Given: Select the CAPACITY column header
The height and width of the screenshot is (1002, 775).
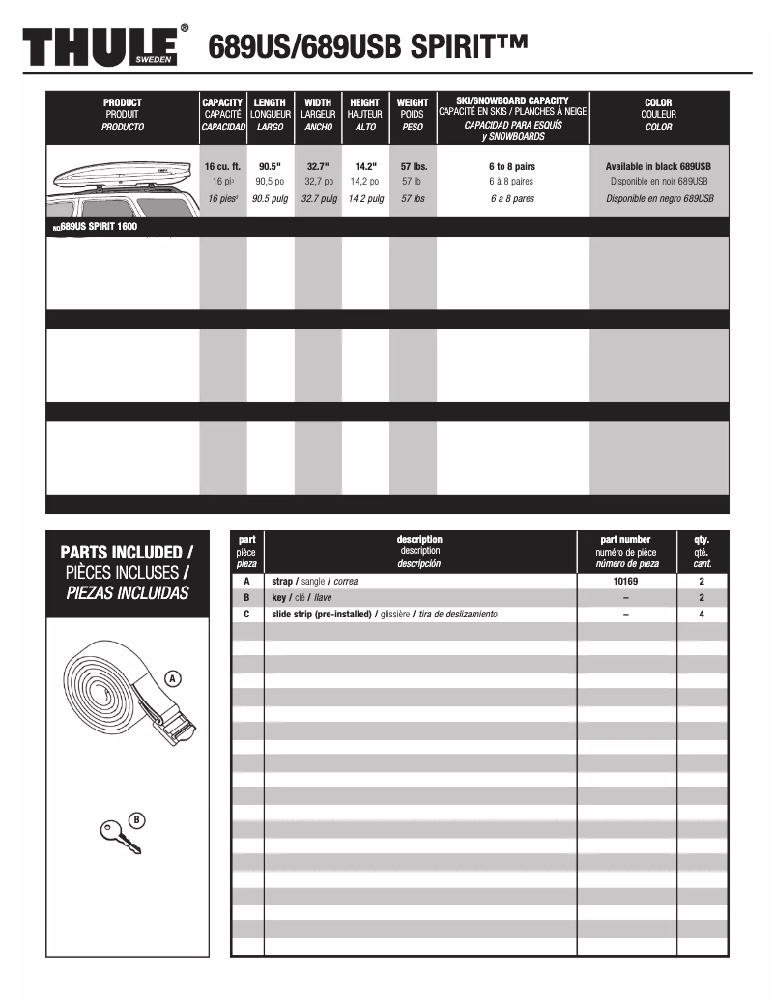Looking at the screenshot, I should tap(222, 102).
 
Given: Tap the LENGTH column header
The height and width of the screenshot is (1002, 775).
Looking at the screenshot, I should tap(270, 102).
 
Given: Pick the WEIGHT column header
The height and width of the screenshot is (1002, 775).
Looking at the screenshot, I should tap(413, 102).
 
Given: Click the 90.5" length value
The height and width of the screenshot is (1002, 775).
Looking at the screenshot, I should tap(270, 166).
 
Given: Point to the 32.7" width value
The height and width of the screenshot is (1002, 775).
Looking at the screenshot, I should tap(318, 166).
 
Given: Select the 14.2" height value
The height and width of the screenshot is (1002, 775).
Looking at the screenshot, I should tap(365, 166).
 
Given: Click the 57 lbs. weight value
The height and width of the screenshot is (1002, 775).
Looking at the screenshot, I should tap(413, 166).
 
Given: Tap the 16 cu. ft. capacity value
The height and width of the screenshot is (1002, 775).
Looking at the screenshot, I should tap(222, 166).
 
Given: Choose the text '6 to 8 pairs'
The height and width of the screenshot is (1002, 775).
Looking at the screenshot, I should tap(512, 166).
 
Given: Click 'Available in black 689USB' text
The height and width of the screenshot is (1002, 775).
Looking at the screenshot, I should tap(659, 166).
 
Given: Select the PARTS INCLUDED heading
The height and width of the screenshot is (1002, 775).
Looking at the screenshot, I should tap(126, 552).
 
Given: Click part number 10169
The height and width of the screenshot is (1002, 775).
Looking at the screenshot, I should tap(625, 582).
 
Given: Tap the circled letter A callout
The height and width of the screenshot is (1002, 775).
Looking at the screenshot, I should tap(173, 678).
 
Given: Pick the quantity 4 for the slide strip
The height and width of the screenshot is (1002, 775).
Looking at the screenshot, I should tap(702, 614).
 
